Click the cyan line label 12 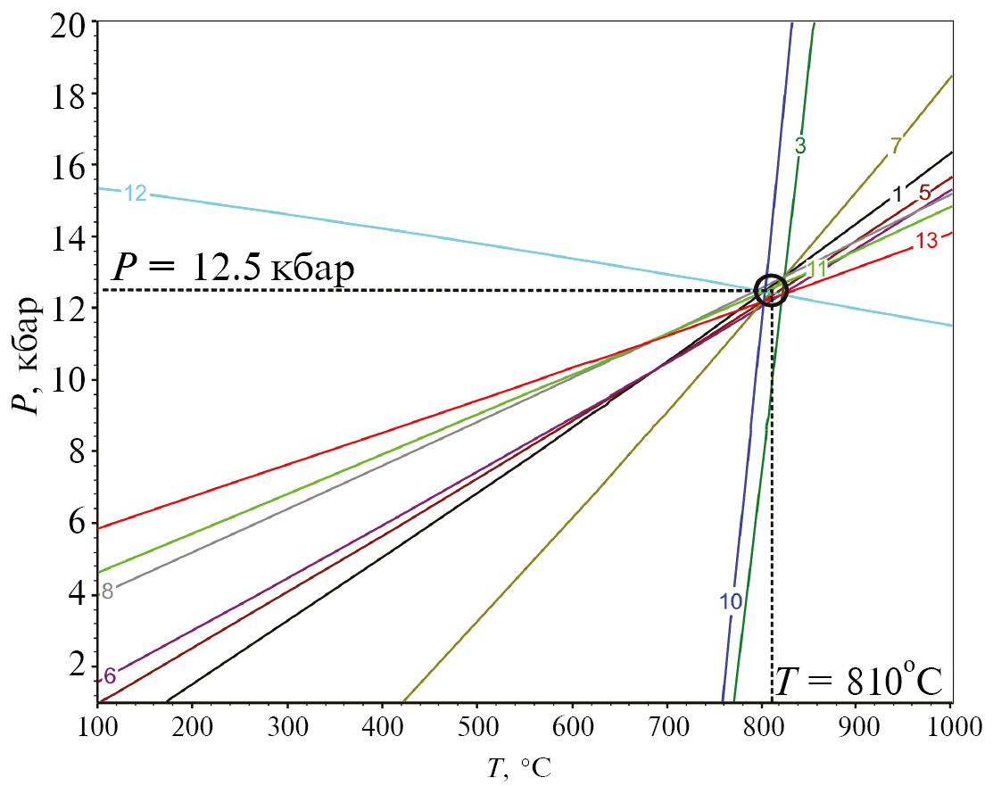[x=135, y=193]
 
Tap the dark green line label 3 [x=800, y=147]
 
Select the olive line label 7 [x=895, y=146]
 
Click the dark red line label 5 [x=924, y=192]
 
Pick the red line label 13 [x=926, y=240]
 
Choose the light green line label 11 [x=817, y=269]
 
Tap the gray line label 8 [x=107, y=591]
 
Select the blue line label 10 [x=731, y=602]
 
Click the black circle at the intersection [x=771, y=290]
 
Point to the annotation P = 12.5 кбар [x=234, y=268]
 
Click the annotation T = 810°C [x=858, y=682]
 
